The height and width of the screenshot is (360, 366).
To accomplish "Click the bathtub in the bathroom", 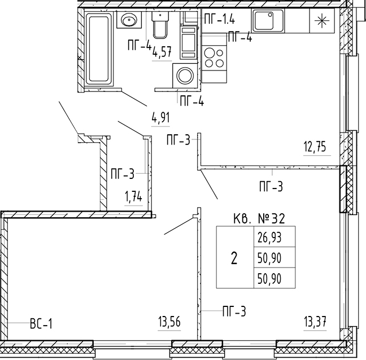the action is point(98,49).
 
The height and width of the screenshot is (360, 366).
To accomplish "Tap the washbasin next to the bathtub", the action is point(129,20).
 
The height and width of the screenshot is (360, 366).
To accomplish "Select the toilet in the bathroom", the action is point(160,25).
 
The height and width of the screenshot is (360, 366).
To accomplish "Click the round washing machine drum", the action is point(185,75).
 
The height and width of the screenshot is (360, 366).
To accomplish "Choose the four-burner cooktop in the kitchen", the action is point(214,57).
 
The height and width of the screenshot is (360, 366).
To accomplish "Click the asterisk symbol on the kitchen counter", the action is point(322,21).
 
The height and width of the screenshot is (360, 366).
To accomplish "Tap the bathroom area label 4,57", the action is point(162,51).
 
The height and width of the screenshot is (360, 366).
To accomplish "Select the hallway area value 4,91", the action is point(160,117).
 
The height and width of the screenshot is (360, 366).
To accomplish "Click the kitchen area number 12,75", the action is point(315,147).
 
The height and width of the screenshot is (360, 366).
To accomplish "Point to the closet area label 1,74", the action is point(133,197).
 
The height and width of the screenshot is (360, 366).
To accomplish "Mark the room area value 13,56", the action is point(169,322).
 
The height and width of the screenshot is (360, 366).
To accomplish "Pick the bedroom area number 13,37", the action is point(315,322).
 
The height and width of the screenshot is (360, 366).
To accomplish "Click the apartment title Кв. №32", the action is point(259,219).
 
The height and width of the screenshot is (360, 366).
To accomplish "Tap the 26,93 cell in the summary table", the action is point(269,237).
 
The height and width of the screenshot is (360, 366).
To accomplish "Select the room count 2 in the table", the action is point(234,258).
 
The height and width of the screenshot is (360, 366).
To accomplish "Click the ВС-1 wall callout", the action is point(41,324).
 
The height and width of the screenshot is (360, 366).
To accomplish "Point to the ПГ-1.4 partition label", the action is point(219,19).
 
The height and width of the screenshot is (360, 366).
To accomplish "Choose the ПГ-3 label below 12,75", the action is point(271,187).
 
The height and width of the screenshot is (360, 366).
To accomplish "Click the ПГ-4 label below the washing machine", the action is point(192,102).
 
